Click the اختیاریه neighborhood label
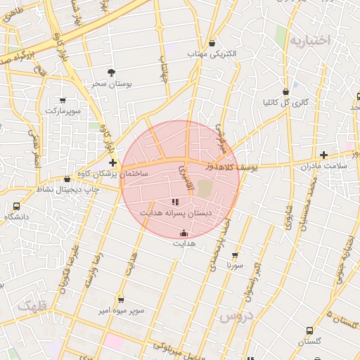point(310,40)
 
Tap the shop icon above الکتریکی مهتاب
point(212,43)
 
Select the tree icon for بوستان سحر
point(111,72)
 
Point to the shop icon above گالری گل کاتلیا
point(285,91)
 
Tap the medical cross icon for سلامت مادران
point(323,155)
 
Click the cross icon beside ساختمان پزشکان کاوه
point(112,162)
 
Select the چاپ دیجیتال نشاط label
point(67,189)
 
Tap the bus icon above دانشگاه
point(16,206)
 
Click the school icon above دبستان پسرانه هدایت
point(175,202)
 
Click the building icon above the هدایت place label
point(185,233)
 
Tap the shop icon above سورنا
point(235,256)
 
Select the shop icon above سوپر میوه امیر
point(121,300)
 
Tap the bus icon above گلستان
point(309,330)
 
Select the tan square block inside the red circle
point(204,188)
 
